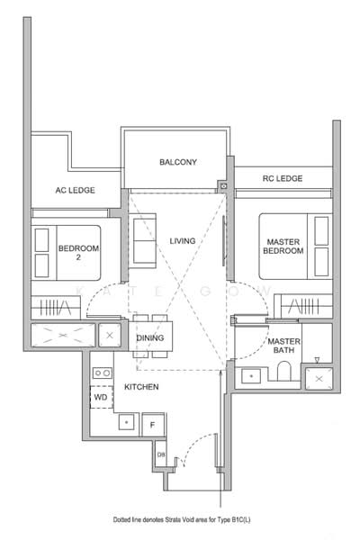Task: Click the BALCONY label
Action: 178,162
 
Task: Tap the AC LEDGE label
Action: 75,190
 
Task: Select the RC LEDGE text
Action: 283,178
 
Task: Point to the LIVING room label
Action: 182,241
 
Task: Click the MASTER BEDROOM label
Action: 283,247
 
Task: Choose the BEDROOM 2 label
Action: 78,252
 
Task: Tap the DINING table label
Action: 150,338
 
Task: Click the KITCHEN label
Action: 141,387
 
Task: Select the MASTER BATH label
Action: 283,346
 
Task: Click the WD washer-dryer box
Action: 102,397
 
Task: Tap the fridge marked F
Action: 153,425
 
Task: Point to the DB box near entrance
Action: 161,454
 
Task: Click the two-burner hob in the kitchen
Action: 103,373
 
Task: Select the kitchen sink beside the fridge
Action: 126,422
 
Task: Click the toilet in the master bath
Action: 284,371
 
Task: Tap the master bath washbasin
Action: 251,375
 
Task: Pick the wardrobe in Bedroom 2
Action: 56,307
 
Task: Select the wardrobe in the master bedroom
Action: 303,306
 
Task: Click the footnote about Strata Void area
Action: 182,519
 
